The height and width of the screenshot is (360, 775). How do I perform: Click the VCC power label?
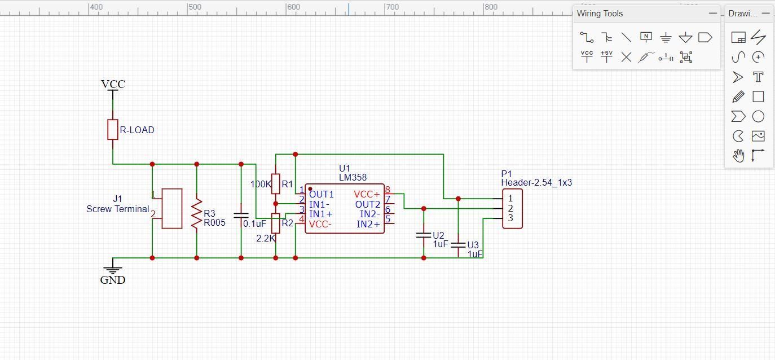(x=113, y=84)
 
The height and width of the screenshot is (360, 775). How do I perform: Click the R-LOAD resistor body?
(x=113, y=129)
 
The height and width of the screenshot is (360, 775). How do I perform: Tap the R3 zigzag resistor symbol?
(x=196, y=213)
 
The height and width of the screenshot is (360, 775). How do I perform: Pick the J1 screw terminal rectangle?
(x=172, y=208)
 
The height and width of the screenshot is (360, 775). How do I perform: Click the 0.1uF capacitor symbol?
(x=241, y=215)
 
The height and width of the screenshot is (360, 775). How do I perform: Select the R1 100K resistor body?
(x=276, y=183)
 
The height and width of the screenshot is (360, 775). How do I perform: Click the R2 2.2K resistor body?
(x=276, y=223)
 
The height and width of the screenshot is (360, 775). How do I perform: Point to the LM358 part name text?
(x=353, y=177)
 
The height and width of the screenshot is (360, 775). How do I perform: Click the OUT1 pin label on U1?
(x=321, y=194)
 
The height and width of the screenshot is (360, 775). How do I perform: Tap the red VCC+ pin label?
(x=367, y=194)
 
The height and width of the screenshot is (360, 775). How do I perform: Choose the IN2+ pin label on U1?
(x=368, y=225)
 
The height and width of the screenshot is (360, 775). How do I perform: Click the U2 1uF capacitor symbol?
(x=424, y=234)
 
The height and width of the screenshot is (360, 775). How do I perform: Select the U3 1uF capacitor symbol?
(x=459, y=244)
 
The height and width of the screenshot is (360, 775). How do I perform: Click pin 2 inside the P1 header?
(x=510, y=208)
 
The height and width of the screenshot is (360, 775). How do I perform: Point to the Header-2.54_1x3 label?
(x=536, y=182)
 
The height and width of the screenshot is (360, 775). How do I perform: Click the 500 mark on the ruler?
(x=194, y=7)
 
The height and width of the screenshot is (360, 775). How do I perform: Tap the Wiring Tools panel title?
(x=600, y=14)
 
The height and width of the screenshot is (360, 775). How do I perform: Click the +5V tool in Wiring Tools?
(x=606, y=56)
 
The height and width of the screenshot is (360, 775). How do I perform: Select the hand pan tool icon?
(x=738, y=155)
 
